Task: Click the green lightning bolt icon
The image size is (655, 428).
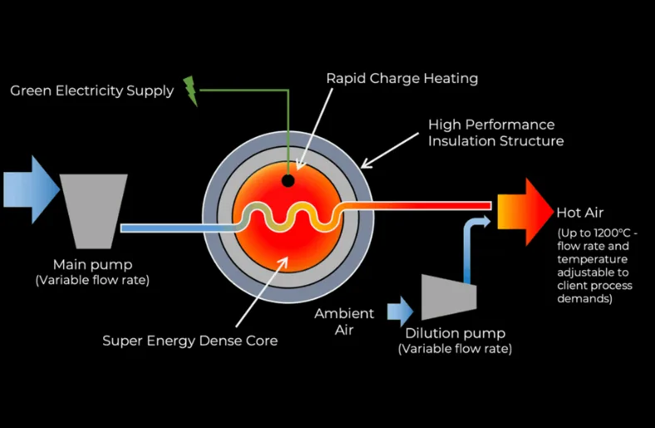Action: [x=191, y=91]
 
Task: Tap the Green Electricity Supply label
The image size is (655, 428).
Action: [x=91, y=91]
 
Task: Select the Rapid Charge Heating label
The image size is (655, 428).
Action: [x=401, y=78]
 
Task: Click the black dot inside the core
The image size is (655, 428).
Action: [x=288, y=180]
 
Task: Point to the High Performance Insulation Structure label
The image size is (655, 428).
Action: [x=495, y=133]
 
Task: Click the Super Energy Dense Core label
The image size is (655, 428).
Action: [x=190, y=341]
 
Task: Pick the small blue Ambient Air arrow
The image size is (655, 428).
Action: [x=400, y=312]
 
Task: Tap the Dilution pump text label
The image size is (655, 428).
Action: [x=455, y=333]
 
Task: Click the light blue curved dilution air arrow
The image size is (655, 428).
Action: [x=470, y=241]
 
